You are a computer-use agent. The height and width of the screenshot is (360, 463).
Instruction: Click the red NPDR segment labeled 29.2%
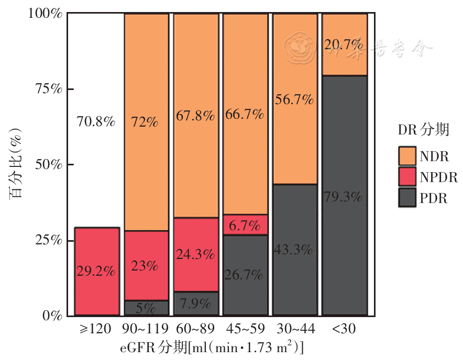97,271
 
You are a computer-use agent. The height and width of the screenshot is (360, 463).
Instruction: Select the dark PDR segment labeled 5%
146,308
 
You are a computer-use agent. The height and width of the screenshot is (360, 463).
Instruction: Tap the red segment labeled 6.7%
245,225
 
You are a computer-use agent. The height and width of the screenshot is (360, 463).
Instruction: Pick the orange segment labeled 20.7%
345,44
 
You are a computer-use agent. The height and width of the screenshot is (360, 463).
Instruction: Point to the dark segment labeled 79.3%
345,195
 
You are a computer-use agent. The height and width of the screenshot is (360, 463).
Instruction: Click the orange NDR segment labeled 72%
146,122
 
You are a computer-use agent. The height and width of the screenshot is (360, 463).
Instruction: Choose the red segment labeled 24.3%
196,255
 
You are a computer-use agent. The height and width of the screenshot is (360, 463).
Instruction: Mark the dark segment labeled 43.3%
295,250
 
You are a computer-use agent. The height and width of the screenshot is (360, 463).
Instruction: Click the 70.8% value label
96,121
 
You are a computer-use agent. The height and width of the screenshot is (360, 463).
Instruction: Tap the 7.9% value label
195,303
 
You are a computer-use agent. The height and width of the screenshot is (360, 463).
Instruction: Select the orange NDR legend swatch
407,156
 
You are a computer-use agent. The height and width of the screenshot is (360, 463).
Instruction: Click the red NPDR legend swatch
407,176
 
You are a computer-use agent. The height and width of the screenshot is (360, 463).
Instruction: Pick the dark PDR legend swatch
407,197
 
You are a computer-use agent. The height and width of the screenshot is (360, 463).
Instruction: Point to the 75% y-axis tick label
49,88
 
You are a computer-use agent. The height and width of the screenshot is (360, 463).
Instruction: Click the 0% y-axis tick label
52,316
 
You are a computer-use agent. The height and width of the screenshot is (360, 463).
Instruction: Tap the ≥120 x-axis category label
95,329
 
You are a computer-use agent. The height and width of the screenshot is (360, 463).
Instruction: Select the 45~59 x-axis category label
245,329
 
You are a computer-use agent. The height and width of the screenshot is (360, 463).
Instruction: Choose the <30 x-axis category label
344,329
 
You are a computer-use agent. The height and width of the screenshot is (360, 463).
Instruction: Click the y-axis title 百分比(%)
15,163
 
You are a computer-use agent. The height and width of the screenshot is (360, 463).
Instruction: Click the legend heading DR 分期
423,130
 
